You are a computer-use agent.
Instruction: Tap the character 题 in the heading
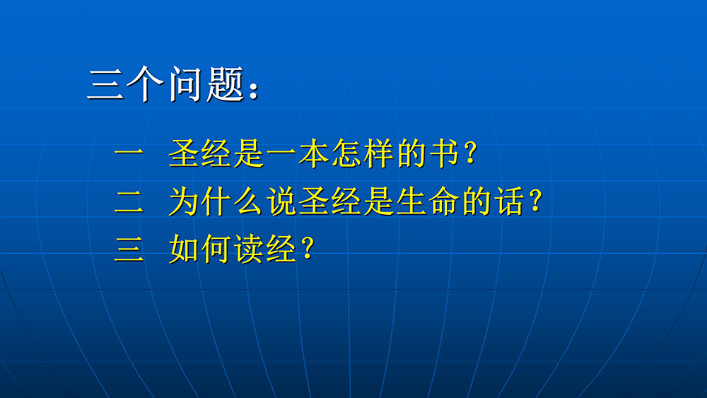click(x=226, y=84)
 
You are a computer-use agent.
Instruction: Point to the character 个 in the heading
click(x=145, y=84)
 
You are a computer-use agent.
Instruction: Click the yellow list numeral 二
click(x=129, y=201)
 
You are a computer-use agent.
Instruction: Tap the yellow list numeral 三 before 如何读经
click(x=129, y=250)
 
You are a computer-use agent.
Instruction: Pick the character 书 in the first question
click(x=444, y=153)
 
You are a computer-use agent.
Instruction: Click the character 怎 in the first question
click(x=346, y=153)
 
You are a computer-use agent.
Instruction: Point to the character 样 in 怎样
click(x=379, y=153)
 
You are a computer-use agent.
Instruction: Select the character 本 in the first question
click(x=314, y=153)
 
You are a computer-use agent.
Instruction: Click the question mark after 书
click(x=470, y=153)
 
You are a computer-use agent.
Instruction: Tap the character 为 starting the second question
click(x=184, y=201)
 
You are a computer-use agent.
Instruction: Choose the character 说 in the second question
click(x=282, y=201)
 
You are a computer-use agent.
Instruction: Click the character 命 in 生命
click(x=445, y=201)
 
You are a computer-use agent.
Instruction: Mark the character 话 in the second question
click(x=509, y=201)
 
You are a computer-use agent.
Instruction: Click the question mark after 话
click(x=535, y=201)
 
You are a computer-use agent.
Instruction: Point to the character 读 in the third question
click(x=249, y=250)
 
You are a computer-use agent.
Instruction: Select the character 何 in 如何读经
click(x=216, y=250)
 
